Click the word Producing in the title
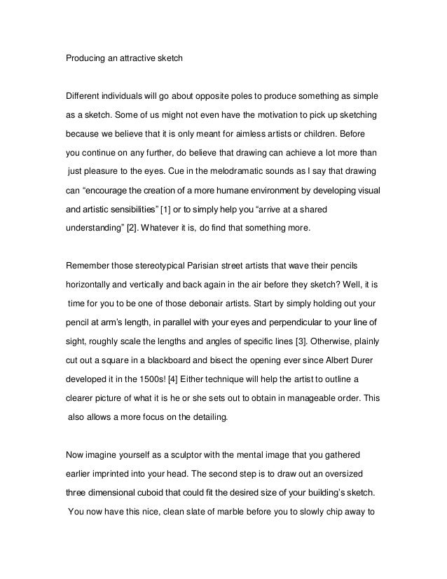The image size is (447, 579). coord(85,58)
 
